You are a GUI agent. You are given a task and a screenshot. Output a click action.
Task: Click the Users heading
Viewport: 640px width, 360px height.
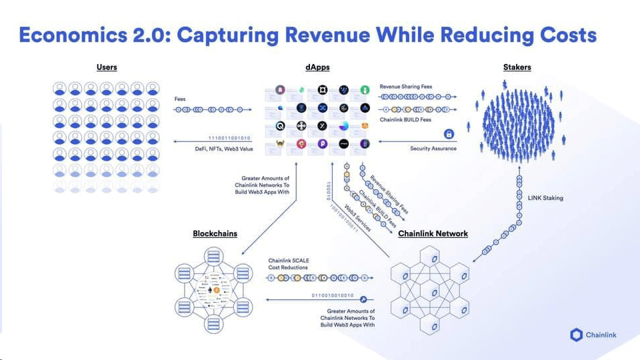click(x=107, y=67)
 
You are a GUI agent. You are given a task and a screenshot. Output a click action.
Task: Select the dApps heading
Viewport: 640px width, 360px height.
click(x=318, y=67)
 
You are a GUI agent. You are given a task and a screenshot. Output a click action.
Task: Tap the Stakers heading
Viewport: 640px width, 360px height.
click(x=517, y=67)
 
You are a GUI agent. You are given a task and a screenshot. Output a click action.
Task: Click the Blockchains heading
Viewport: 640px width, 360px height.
click(x=215, y=234)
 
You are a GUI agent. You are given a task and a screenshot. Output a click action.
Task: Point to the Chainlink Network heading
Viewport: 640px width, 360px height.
click(x=433, y=234)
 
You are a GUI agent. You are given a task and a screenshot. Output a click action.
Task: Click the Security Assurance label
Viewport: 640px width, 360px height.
click(x=433, y=149)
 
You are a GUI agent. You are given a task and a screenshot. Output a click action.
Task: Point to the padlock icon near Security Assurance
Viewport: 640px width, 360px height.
click(x=449, y=135)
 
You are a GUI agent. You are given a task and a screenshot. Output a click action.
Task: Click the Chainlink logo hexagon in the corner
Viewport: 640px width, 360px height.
click(x=577, y=335)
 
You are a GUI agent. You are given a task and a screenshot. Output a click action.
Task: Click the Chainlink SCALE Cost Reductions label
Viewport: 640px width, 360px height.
click(x=289, y=264)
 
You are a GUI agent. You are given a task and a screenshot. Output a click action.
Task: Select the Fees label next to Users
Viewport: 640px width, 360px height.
click(x=180, y=99)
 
